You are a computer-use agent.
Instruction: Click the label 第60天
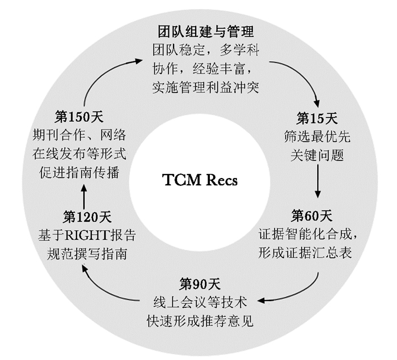312,215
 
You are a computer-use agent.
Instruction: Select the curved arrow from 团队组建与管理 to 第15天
298,79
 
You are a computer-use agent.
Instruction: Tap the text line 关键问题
318,155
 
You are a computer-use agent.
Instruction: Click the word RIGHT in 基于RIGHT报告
85,235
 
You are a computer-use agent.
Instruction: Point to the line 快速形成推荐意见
199,320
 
